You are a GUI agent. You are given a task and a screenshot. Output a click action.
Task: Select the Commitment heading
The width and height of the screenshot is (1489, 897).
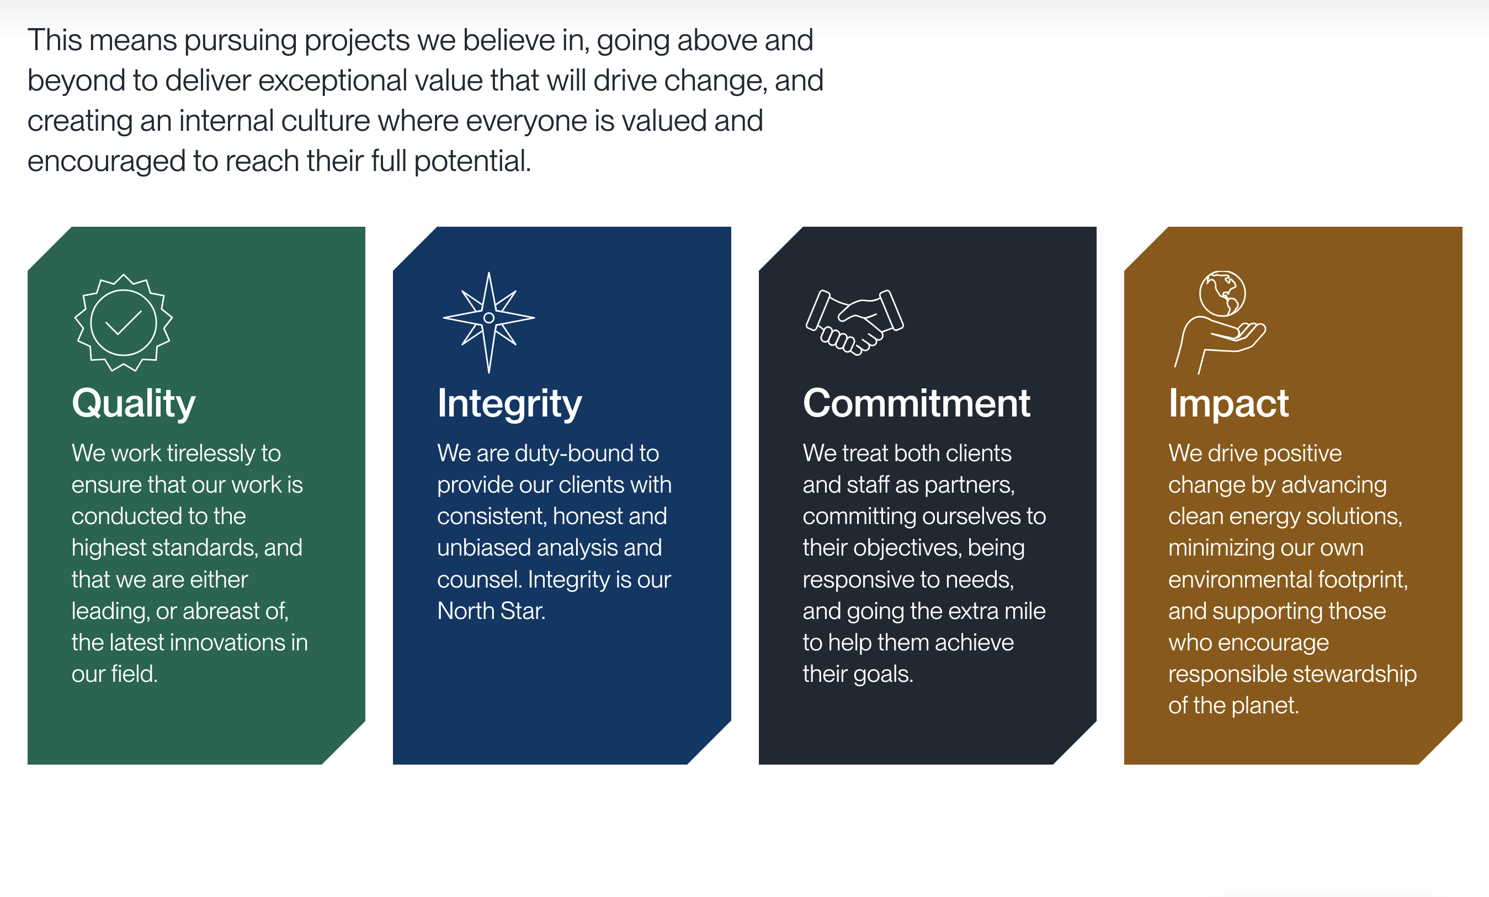coord(916,403)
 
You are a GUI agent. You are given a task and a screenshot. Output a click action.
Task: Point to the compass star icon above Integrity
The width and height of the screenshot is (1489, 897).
coord(489,322)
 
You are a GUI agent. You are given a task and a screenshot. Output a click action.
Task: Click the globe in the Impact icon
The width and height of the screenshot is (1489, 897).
coord(1222,293)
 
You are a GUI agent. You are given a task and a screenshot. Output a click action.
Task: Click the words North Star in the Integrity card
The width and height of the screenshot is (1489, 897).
coord(491,611)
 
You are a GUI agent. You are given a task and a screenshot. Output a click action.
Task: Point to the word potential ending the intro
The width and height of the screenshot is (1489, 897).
coord(472,161)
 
